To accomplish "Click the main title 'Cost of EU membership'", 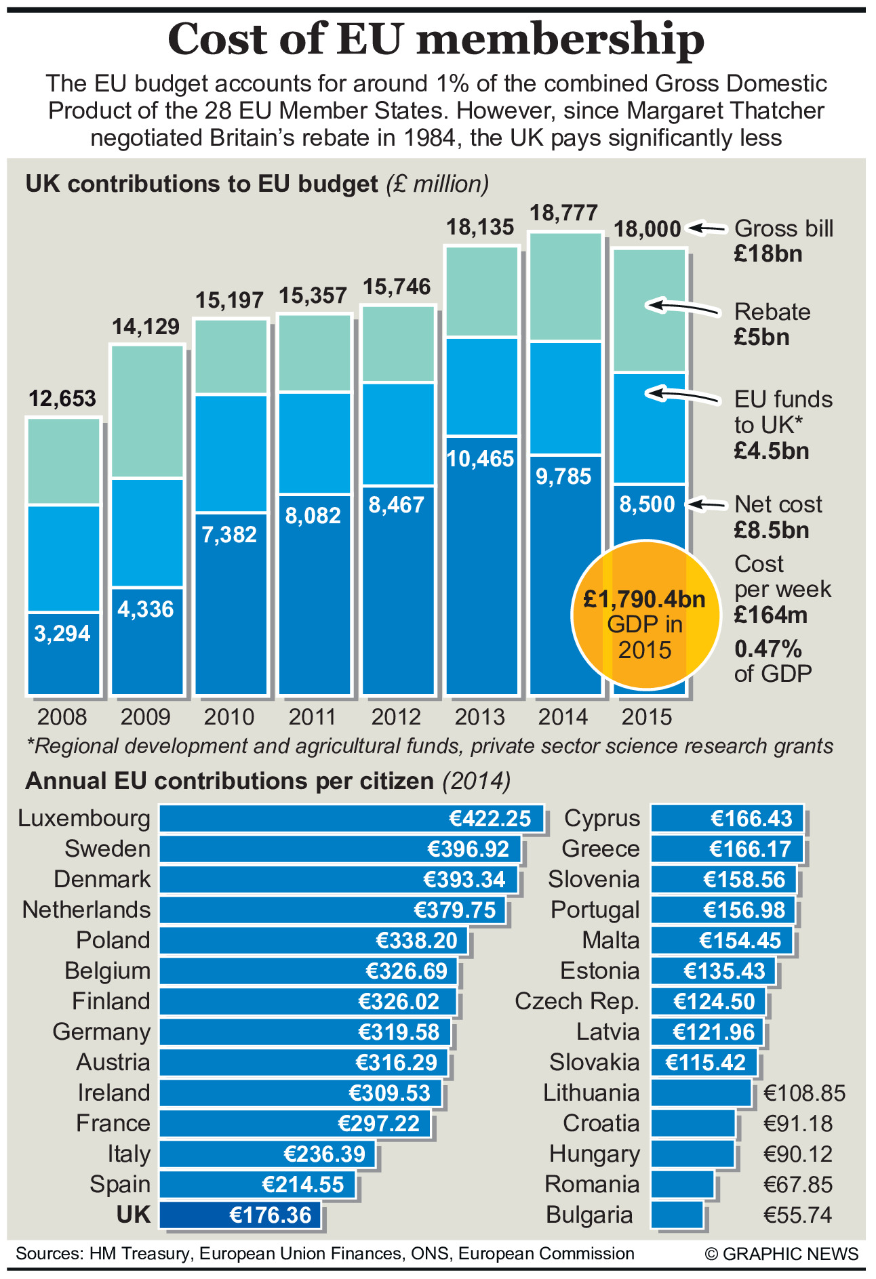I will (436, 39).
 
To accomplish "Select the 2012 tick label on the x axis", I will (397, 717).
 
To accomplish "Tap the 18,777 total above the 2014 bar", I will (563, 214).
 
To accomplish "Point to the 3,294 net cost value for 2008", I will (62, 634).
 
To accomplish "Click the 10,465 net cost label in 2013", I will (480, 460).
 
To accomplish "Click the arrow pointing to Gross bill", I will (708, 228).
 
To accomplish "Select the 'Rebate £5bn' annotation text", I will (772, 324).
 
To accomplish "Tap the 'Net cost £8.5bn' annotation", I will (778, 516).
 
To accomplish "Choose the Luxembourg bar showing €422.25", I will (351, 818).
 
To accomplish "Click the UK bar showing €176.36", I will (241, 1215).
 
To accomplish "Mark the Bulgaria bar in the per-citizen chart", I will (677, 1215).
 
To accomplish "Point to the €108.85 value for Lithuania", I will (805, 1093).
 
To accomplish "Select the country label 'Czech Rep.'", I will (577, 1001).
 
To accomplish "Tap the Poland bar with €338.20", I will (313, 941).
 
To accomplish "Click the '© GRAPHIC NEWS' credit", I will (781, 1254).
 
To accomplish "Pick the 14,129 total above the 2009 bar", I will (146, 327).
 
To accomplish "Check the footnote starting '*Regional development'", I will (429, 746).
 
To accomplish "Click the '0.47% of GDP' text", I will (773, 661).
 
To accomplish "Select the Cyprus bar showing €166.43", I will (727, 818).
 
